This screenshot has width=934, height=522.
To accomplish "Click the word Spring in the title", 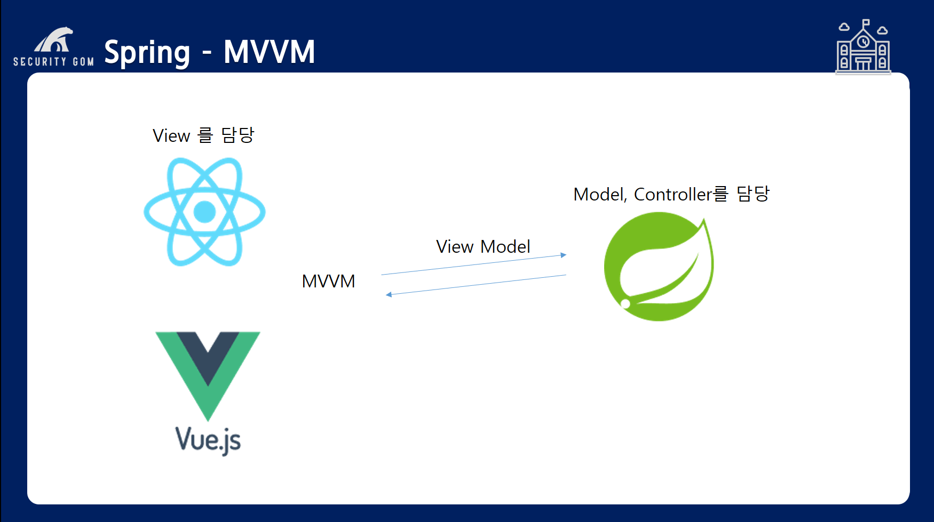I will point(147,53).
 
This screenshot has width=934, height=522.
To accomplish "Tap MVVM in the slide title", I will point(269,52).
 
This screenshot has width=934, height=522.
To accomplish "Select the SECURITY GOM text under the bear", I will point(53,62).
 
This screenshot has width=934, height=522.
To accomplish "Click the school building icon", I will point(863,48).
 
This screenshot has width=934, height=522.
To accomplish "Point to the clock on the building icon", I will point(864,42).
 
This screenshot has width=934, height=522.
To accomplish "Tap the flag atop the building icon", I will point(866,23).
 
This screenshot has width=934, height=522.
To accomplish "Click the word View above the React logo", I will point(171,136).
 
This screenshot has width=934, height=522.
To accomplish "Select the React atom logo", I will point(204,212).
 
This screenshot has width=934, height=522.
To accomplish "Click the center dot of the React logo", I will point(204,212).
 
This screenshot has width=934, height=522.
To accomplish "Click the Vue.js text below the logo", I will point(208,440).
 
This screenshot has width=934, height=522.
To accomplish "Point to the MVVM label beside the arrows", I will point(328,281).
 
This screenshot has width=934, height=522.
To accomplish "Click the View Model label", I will point(483,246).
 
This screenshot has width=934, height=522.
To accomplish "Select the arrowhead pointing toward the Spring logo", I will point(563,255).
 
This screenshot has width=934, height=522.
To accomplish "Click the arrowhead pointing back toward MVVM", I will point(389,294).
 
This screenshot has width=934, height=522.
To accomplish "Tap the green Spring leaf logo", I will point(659,267).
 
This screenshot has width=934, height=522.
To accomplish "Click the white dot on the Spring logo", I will point(626,304).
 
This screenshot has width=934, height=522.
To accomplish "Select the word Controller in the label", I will point(673,195).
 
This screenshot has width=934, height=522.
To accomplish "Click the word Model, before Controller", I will point(599,195).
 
